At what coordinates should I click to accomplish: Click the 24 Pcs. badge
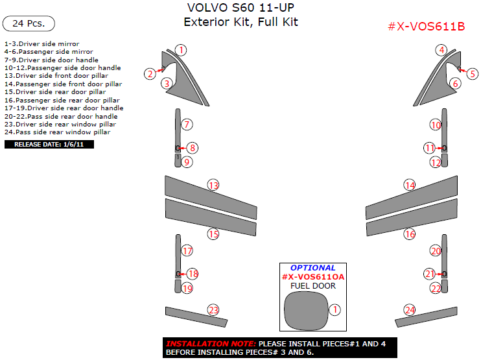pos(29,23)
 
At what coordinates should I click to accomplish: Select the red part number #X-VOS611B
pos(427,27)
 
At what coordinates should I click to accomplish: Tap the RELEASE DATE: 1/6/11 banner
pos(49,144)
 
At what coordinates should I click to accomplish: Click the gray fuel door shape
pos(306,310)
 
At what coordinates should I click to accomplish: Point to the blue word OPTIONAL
pos(313,268)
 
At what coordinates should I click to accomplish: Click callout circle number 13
pos(213,185)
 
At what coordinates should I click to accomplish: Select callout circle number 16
pos(410,234)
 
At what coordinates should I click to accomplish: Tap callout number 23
pos(213,310)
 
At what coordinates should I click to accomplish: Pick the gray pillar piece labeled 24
pos(426,317)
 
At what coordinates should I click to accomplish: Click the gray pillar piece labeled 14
pos(412,198)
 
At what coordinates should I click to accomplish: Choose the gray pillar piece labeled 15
pos(211,217)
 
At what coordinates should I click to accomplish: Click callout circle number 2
pos(150,74)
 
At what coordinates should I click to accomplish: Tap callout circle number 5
pos(473,74)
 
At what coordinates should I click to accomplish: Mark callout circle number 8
pos(193,148)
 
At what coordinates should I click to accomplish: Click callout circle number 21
pos(430,274)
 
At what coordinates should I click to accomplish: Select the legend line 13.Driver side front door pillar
pos(56,75)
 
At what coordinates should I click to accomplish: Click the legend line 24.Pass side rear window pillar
pos(57,132)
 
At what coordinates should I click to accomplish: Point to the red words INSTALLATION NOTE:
pos(211,344)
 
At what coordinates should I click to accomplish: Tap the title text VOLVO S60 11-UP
pos(240,7)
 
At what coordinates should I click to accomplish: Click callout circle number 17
pos(187,251)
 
